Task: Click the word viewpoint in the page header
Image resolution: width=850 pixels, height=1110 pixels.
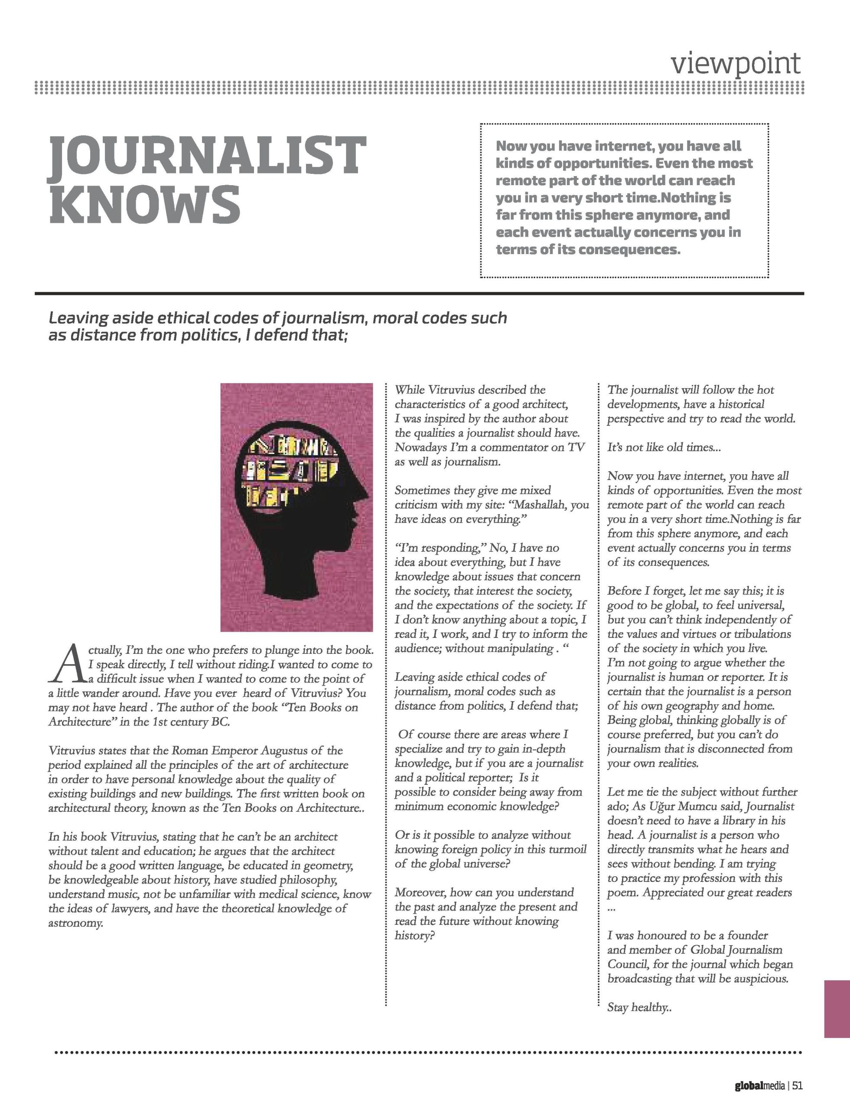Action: click(x=736, y=63)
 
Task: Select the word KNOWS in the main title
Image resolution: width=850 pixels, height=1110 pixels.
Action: click(x=144, y=205)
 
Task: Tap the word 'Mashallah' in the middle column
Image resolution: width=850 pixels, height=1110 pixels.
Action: click(x=541, y=505)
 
